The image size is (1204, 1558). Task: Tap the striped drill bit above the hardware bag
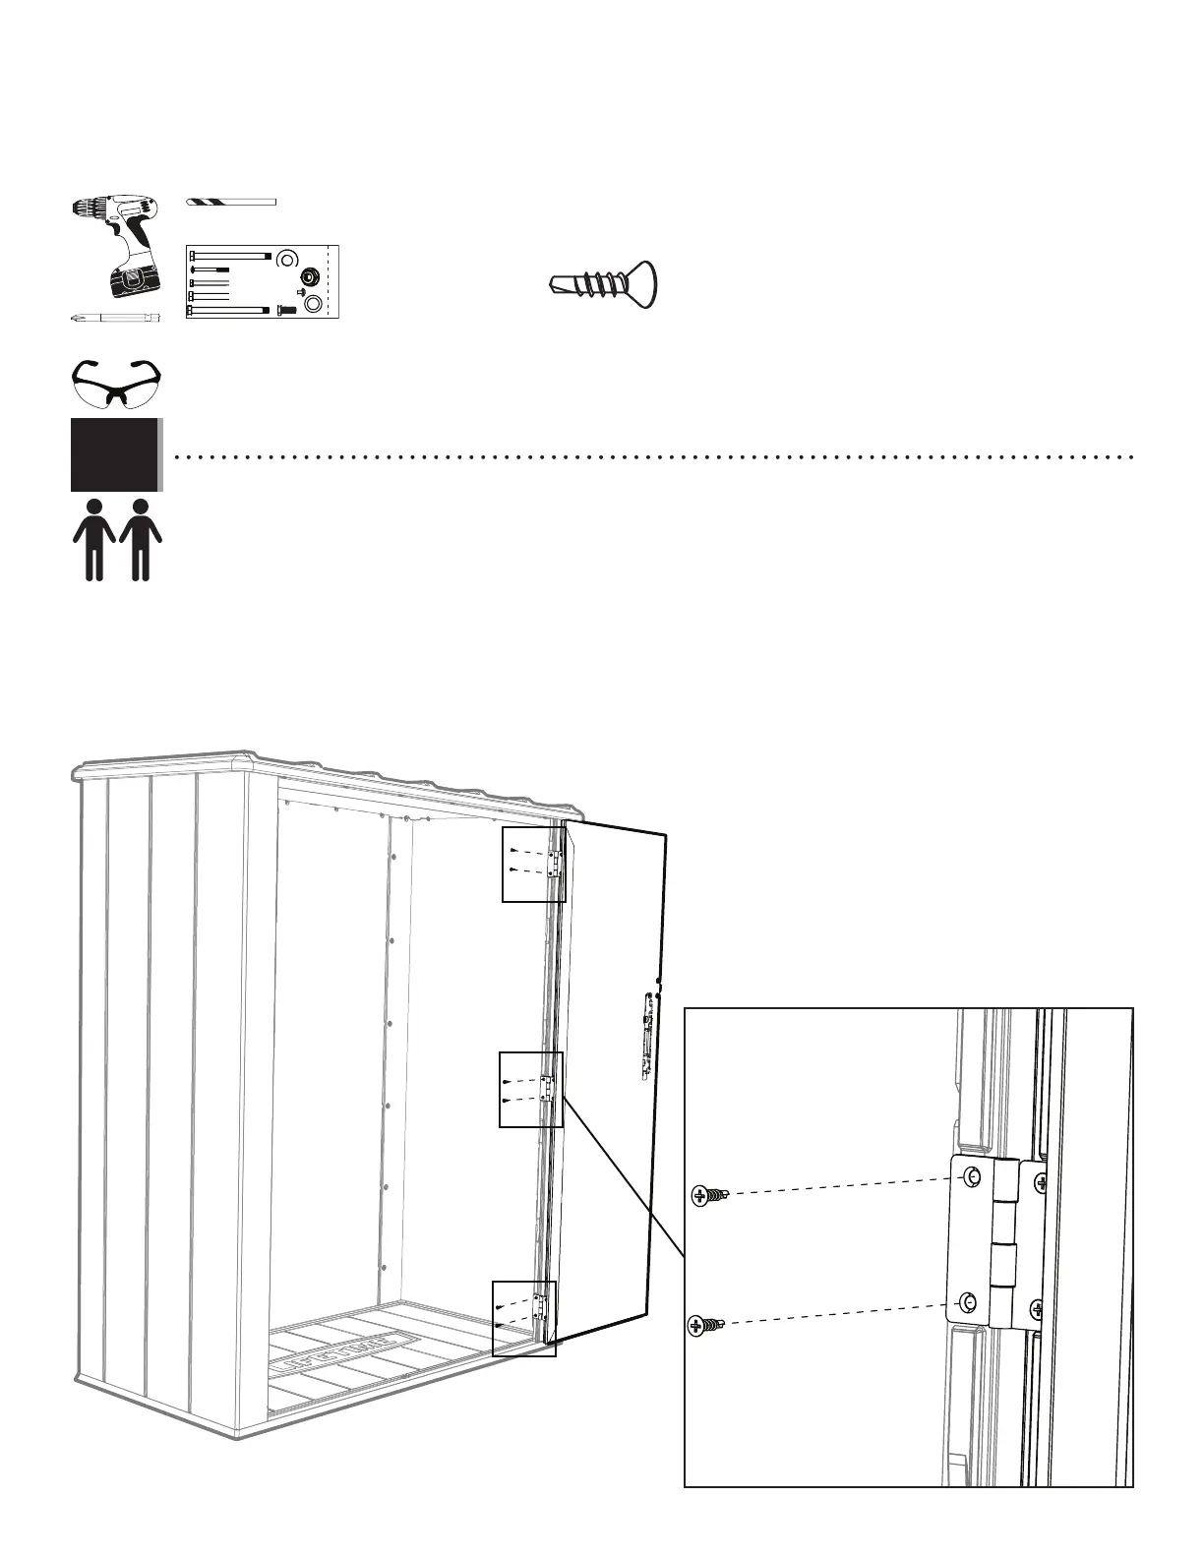tap(231, 202)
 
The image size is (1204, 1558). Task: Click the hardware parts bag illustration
tap(262, 281)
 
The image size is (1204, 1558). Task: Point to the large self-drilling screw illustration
tap(602, 282)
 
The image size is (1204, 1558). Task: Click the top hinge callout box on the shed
tap(534, 865)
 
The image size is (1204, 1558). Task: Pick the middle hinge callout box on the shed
tap(530, 1089)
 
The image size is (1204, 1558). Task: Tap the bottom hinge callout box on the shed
tap(523, 1319)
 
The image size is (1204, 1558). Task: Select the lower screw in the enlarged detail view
tap(703, 1326)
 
